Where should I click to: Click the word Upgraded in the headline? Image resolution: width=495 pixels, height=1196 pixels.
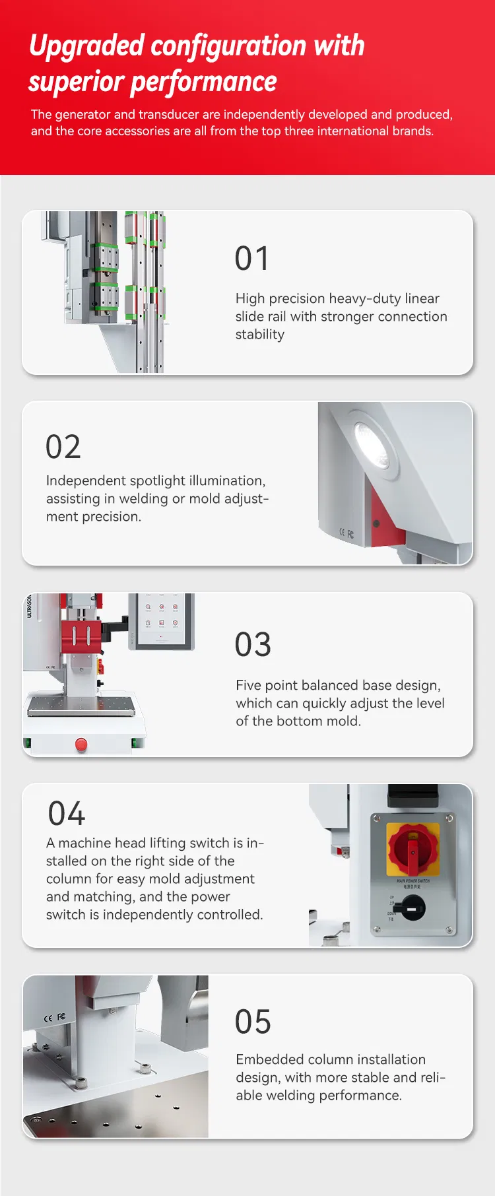click(86, 47)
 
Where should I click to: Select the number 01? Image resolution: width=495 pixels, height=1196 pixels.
click(252, 259)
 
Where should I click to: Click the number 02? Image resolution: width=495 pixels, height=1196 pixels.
click(63, 447)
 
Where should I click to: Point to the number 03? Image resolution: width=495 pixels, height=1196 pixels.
click(253, 645)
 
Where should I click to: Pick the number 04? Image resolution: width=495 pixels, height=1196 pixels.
click(67, 814)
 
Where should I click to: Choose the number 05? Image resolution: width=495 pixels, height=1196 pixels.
click(253, 1022)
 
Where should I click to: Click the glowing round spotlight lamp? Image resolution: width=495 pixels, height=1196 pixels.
click(371, 441)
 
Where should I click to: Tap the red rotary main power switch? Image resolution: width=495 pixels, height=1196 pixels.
click(412, 849)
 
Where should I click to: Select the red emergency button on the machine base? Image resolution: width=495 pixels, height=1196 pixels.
click(81, 745)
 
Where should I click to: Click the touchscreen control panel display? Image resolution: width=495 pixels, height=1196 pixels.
click(162, 620)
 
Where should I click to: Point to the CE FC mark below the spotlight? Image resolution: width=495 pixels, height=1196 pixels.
click(346, 533)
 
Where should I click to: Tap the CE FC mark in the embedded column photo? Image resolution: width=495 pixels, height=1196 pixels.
click(54, 1017)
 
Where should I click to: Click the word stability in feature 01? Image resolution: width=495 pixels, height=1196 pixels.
click(260, 335)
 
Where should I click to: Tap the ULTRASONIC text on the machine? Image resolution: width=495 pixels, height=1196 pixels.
click(29, 605)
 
